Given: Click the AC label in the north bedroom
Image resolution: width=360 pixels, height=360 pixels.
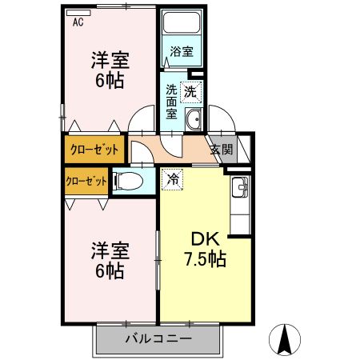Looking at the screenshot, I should (x=78, y=22).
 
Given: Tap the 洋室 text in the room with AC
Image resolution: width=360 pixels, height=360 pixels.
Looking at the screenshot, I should (x=110, y=60).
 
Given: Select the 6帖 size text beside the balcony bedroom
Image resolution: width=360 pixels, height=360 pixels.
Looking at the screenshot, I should (x=110, y=270).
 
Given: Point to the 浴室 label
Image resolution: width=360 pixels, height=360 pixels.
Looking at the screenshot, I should (x=181, y=52).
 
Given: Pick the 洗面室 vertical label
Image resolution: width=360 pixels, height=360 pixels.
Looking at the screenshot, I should (x=172, y=102).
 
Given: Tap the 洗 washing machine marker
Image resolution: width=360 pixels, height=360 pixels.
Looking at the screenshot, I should (x=190, y=91).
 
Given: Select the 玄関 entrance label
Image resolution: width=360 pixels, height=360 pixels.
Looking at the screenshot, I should (x=222, y=149).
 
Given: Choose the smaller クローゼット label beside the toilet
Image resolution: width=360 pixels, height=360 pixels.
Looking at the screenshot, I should (x=86, y=181).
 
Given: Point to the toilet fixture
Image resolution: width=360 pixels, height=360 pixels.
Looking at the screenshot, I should (x=131, y=181).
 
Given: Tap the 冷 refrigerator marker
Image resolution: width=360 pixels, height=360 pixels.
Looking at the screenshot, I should (x=172, y=179).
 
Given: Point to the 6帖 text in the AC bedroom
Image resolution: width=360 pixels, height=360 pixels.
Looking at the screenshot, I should (x=110, y=81).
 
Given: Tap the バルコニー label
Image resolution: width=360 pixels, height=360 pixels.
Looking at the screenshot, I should (x=158, y=339).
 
